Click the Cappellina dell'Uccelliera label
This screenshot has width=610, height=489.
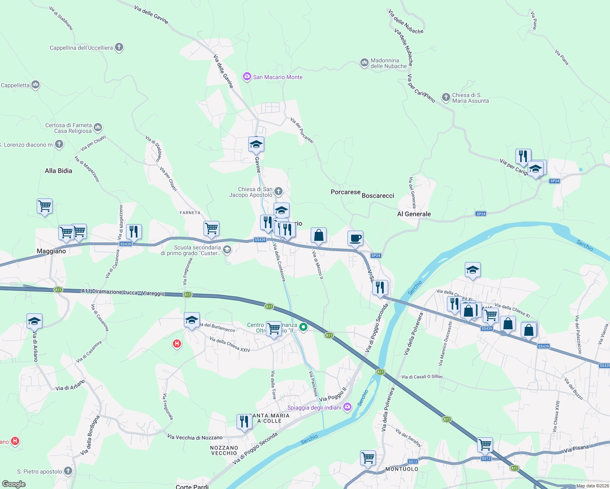(81, 48)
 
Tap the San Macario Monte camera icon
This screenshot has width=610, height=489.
(247, 77)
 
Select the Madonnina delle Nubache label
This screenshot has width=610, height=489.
(389, 63)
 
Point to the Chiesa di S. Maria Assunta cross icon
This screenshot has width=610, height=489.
(446, 97)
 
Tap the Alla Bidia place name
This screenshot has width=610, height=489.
(58, 171)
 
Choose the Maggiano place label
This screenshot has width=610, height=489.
(51, 251)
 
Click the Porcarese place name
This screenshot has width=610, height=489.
(345, 192)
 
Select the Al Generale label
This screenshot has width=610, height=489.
(414, 214)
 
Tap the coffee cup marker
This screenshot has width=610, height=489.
(355, 238)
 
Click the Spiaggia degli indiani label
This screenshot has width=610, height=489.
(314, 407)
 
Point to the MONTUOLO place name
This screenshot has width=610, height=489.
(402, 469)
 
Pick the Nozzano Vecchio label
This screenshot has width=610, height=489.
(224, 450)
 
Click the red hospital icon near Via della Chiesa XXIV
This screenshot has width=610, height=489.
(177, 344)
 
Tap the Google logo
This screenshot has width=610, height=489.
(13, 484)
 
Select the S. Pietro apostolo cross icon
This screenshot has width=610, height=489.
(68, 471)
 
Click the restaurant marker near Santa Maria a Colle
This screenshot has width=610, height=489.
(244, 422)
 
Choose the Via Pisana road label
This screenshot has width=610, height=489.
(576, 449)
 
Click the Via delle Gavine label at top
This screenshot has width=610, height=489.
(151, 14)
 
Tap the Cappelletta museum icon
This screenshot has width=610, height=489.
(35, 85)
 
